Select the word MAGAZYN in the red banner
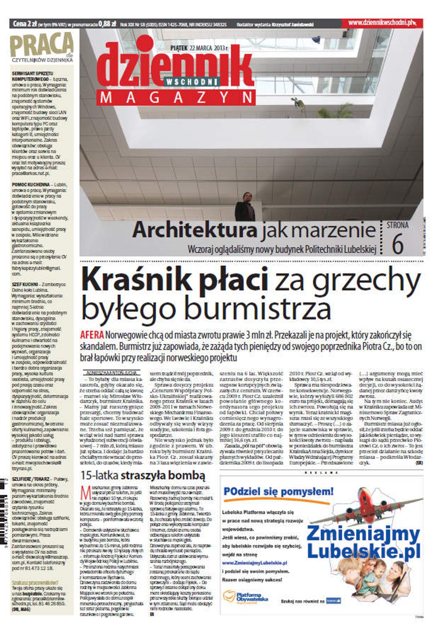(176, 97)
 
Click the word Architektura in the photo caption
(195, 230)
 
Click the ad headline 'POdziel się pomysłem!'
(278, 491)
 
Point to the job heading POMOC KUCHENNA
(31, 184)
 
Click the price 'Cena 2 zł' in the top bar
(24, 24)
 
